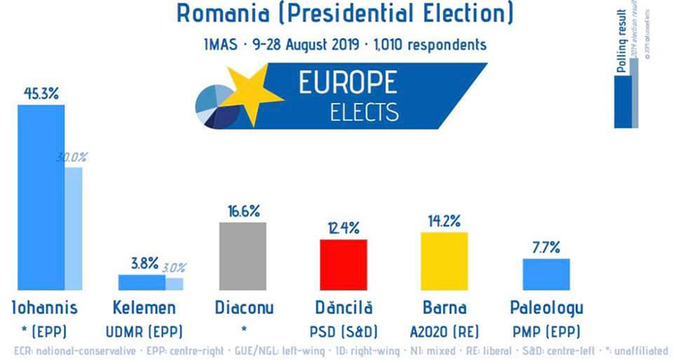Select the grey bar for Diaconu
(242, 256)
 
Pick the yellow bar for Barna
(444, 261)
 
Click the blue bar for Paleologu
(545, 274)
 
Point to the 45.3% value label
(41, 93)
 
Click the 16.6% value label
(242, 210)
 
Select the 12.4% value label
(343, 228)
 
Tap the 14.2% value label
(444, 222)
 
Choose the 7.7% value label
(545, 247)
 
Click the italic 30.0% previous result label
(72, 157)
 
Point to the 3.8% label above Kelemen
(144, 263)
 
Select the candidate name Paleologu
(546, 308)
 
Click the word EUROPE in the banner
(359, 83)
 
